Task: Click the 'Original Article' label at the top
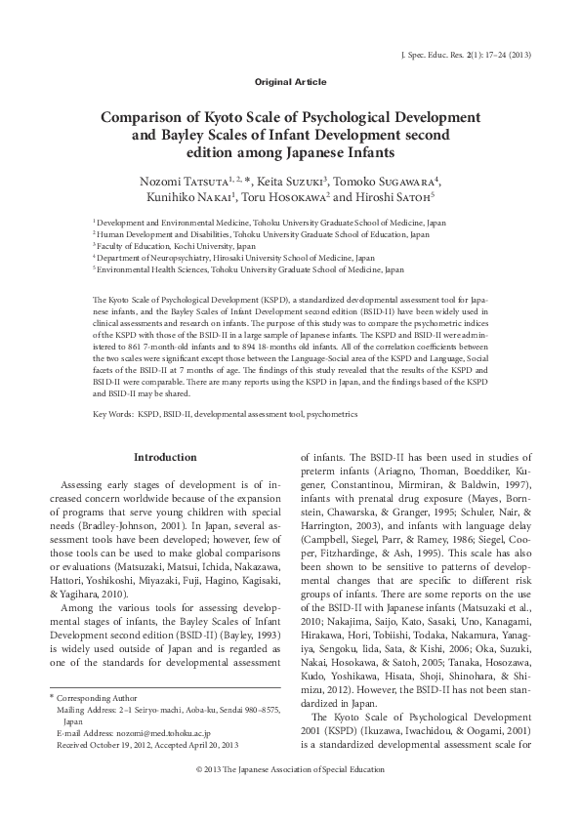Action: click(x=290, y=82)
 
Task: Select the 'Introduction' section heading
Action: click(x=165, y=457)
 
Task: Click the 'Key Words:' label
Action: click(x=113, y=414)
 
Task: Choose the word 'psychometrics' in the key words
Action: click(x=329, y=414)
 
